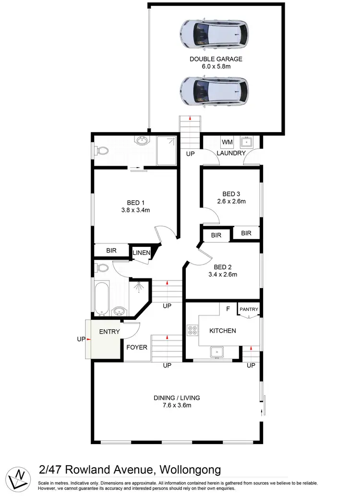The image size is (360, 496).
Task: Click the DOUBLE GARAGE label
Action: click(216, 59)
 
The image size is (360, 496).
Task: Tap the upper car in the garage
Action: click(214, 34)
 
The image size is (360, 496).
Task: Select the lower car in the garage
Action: click(214, 91)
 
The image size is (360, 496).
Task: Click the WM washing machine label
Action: click(227, 142)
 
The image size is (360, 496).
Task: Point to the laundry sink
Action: click(247, 142)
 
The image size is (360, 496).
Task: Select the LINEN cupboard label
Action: click(142, 253)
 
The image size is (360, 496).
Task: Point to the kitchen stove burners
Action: click(192, 330)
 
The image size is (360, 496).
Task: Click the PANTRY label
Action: click(249, 309)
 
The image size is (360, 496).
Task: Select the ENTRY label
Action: click(109, 332)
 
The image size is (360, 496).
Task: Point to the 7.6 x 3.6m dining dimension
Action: click(177, 406)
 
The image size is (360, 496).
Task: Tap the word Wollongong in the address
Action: click(191, 469)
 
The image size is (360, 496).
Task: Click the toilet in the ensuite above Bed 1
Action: click(102, 151)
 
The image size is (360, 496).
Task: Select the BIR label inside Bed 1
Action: click(111, 251)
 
